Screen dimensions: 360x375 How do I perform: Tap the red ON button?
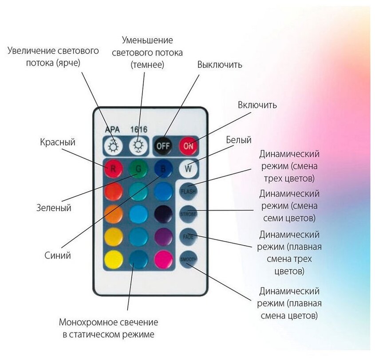tap(188, 145)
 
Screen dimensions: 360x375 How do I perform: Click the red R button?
tap(113, 168)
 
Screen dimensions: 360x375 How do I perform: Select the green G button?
tap(138, 168)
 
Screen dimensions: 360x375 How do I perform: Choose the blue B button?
tap(163, 168)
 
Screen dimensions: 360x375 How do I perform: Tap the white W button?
tap(188, 168)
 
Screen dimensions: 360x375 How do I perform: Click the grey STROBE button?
tap(188, 214)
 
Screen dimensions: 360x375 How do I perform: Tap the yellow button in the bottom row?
tap(113, 259)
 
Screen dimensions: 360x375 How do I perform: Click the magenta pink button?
tap(163, 259)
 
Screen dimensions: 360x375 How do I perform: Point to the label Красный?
tap(58, 142)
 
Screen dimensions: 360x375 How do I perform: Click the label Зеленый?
tap(53, 207)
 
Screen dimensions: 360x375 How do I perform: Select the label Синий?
tap(58, 255)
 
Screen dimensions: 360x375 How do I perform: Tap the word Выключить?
tap(220, 65)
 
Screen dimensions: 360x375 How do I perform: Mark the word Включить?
tap(257, 105)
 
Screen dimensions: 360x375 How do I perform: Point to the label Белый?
tap(239, 140)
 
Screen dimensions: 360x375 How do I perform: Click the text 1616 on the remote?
tap(139, 130)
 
